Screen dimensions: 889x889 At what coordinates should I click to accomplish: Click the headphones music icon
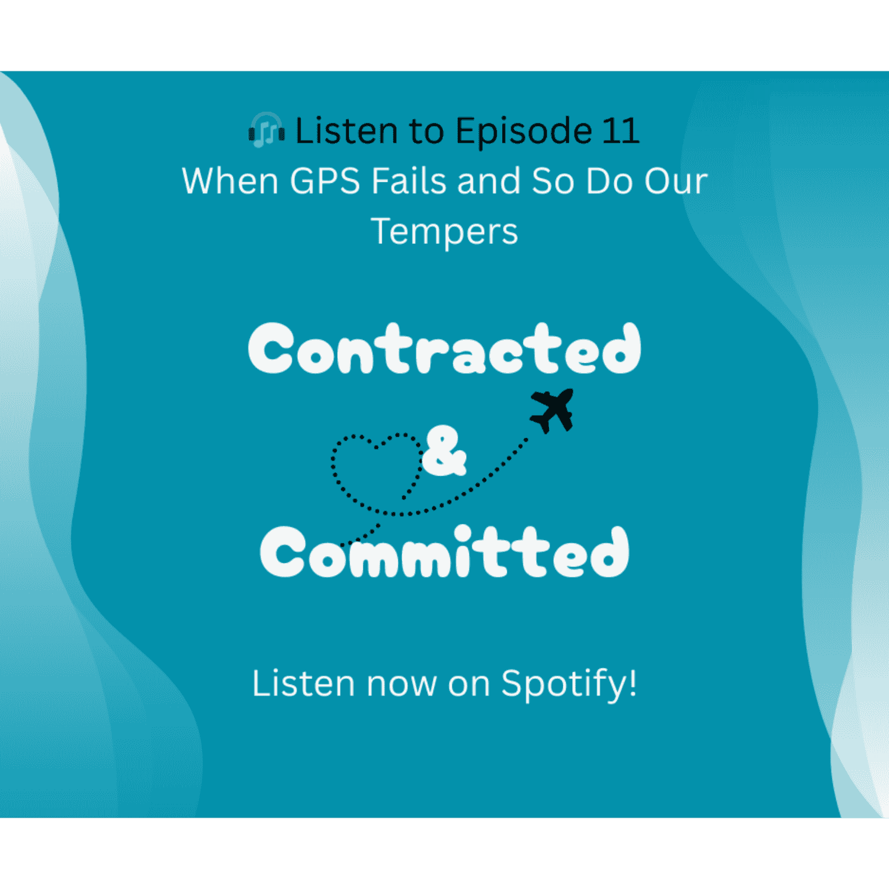[266, 132]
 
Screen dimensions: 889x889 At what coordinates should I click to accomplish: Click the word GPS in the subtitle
[325, 181]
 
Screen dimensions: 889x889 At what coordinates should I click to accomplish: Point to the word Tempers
[444, 231]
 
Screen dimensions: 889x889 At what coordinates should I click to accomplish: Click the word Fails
[409, 181]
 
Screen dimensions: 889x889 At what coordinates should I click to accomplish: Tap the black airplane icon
[552, 410]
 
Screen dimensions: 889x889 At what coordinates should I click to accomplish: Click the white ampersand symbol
[444, 451]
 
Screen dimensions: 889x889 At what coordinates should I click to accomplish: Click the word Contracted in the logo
[444, 349]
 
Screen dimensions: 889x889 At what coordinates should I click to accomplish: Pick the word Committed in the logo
[444, 552]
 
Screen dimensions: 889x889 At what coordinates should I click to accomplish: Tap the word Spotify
[564, 683]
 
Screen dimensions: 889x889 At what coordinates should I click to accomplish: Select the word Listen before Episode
[347, 131]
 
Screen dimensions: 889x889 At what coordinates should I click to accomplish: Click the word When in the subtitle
[230, 181]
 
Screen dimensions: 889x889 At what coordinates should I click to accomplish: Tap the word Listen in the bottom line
[303, 683]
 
